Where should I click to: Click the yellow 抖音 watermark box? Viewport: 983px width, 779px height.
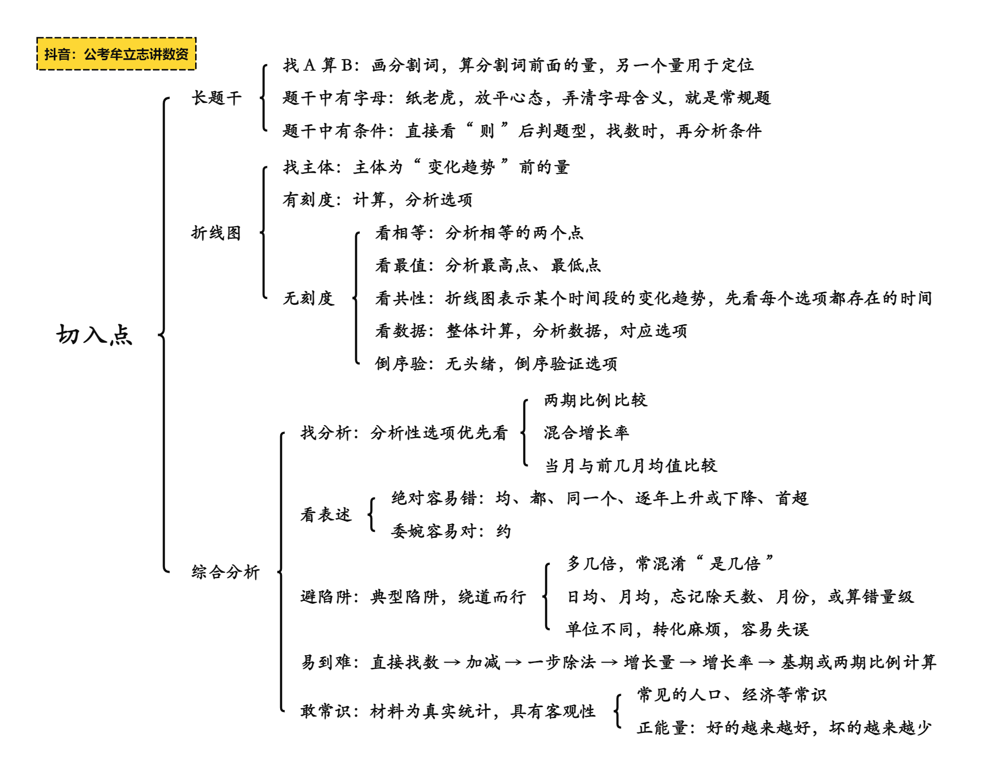tap(117, 54)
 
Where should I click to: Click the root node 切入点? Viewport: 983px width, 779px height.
tap(94, 334)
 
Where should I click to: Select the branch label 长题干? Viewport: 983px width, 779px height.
tap(217, 98)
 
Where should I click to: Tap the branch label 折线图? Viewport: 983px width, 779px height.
tap(217, 233)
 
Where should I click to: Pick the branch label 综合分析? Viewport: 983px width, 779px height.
tap(226, 572)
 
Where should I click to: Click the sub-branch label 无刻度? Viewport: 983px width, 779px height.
tap(309, 298)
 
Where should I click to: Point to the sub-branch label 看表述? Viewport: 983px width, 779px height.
tap(326, 514)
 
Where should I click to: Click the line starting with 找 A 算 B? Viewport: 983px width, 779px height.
tap(518, 65)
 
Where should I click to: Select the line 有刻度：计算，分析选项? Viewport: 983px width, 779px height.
tap(378, 199)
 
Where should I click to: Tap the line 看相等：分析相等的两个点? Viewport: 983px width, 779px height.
tap(479, 232)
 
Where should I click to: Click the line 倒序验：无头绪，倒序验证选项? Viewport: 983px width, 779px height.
tap(496, 364)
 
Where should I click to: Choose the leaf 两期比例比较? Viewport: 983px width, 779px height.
tap(596, 400)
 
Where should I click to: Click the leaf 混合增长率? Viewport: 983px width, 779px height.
tap(586, 432)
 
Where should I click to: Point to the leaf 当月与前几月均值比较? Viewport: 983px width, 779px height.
tap(631, 465)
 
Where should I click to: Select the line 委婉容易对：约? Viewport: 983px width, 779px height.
tap(451, 531)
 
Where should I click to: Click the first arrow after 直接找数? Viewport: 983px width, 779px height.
tap(452, 662)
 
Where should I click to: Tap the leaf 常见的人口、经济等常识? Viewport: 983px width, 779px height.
tap(732, 695)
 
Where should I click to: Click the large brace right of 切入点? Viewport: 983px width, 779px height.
tap(164, 335)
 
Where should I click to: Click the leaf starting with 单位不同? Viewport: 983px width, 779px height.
tap(687, 629)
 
